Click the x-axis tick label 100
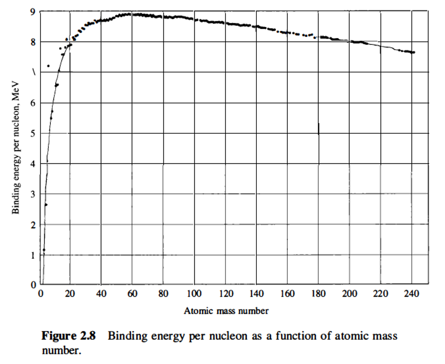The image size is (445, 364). (x=194, y=294)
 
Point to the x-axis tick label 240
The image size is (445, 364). (x=411, y=294)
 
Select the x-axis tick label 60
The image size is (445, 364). (x=132, y=294)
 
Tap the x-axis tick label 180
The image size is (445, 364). (x=318, y=294)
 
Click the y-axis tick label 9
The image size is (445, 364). (x=33, y=12)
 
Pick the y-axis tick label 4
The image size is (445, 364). (x=33, y=164)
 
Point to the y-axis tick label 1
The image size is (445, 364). (x=33, y=255)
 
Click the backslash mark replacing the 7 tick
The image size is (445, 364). (x=33, y=72)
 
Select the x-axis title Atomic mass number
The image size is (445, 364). (x=226, y=311)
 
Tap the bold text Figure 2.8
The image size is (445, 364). (x=68, y=336)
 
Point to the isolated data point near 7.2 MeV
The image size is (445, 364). (x=48, y=66)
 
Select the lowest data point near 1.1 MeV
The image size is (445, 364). (x=44, y=250)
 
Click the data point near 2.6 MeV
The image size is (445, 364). (x=46, y=205)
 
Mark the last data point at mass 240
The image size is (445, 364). (x=414, y=53)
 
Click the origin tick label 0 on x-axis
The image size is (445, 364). (x=40, y=294)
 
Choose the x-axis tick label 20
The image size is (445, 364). (x=70, y=294)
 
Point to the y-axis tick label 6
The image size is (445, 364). (x=33, y=103)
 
